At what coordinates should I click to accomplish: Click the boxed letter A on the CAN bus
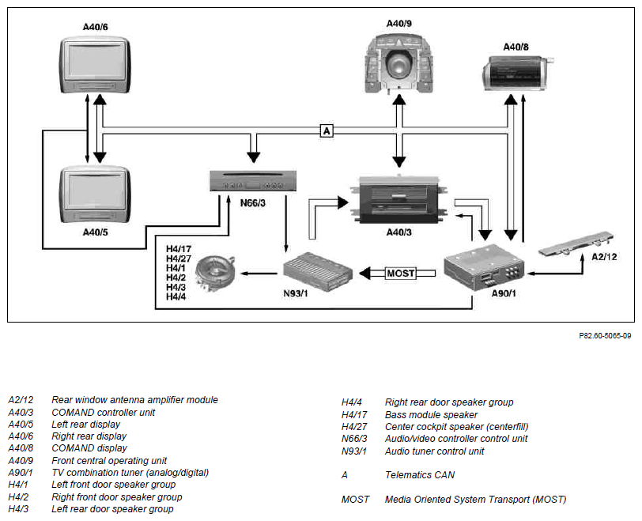click(327, 130)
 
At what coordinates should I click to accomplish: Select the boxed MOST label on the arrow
click(400, 273)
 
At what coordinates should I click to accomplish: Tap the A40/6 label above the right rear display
click(96, 27)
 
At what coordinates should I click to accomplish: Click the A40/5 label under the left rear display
click(96, 232)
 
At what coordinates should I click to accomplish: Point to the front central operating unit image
click(398, 64)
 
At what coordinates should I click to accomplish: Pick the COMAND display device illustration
click(517, 74)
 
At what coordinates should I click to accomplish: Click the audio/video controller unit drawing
click(253, 181)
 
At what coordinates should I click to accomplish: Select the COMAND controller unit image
click(398, 200)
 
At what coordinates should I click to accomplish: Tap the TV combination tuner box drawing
click(484, 268)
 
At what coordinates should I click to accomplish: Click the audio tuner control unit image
click(318, 272)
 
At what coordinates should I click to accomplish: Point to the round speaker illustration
click(215, 273)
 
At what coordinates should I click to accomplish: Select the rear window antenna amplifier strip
click(576, 245)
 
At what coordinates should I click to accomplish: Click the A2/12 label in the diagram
click(604, 257)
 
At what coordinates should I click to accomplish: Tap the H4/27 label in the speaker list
click(179, 259)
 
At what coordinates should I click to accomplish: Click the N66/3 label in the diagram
click(253, 202)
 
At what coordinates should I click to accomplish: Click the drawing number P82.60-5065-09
click(605, 335)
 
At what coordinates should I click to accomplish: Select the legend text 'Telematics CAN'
click(420, 475)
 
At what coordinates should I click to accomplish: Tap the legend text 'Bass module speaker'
click(431, 414)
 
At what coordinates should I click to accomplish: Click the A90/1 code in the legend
click(21, 473)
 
